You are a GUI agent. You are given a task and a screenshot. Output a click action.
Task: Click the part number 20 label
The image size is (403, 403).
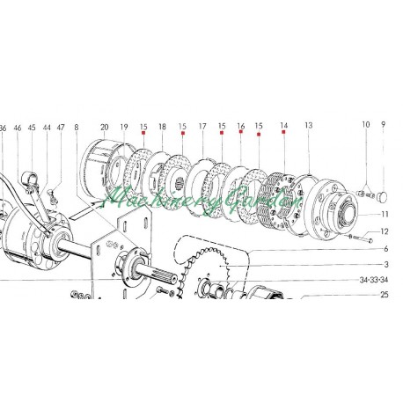click(x=104, y=127)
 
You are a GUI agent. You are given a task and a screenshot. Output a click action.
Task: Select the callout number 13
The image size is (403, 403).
click(x=309, y=125)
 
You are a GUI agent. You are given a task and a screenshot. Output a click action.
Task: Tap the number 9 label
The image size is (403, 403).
click(x=384, y=124)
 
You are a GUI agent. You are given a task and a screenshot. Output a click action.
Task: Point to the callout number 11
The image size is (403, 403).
click(x=385, y=214)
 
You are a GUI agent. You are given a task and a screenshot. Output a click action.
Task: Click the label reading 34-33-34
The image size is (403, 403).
click(x=374, y=280)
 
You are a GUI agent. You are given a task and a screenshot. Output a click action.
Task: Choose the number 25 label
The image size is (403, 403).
click(x=385, y=294)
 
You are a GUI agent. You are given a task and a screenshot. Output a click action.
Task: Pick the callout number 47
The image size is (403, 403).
click(x=61, y=128)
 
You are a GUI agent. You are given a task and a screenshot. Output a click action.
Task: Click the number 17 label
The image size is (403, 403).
click(x=202, y=127)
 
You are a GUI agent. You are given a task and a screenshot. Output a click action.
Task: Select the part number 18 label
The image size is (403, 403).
click(x=162, y=127)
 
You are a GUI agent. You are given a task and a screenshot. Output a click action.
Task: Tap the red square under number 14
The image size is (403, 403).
click(x=283, y=132)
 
